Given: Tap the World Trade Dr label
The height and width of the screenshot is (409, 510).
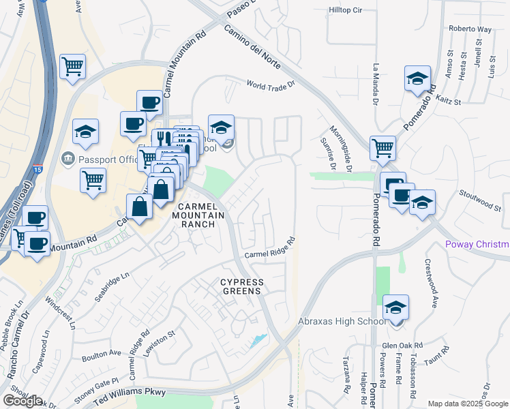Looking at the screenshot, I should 273,85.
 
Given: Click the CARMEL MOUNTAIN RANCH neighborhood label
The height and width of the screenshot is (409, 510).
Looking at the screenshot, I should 201,215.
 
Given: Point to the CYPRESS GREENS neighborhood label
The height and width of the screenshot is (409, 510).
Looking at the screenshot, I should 241,286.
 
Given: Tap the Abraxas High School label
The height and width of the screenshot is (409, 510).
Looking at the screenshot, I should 342,322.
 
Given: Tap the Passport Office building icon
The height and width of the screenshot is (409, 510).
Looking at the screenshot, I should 68,160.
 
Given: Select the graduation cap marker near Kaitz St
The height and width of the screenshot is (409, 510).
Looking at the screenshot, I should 417,78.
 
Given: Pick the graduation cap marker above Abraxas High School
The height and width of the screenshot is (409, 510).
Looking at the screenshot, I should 395,307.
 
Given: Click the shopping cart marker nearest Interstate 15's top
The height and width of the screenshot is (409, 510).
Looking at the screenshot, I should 72,67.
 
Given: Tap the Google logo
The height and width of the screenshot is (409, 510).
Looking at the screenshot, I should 22,401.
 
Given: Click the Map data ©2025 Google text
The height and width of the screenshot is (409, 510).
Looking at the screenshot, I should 468,404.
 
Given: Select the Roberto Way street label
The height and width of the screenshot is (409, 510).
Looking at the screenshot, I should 470,29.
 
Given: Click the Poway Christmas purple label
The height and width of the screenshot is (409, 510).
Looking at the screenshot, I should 477,245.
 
